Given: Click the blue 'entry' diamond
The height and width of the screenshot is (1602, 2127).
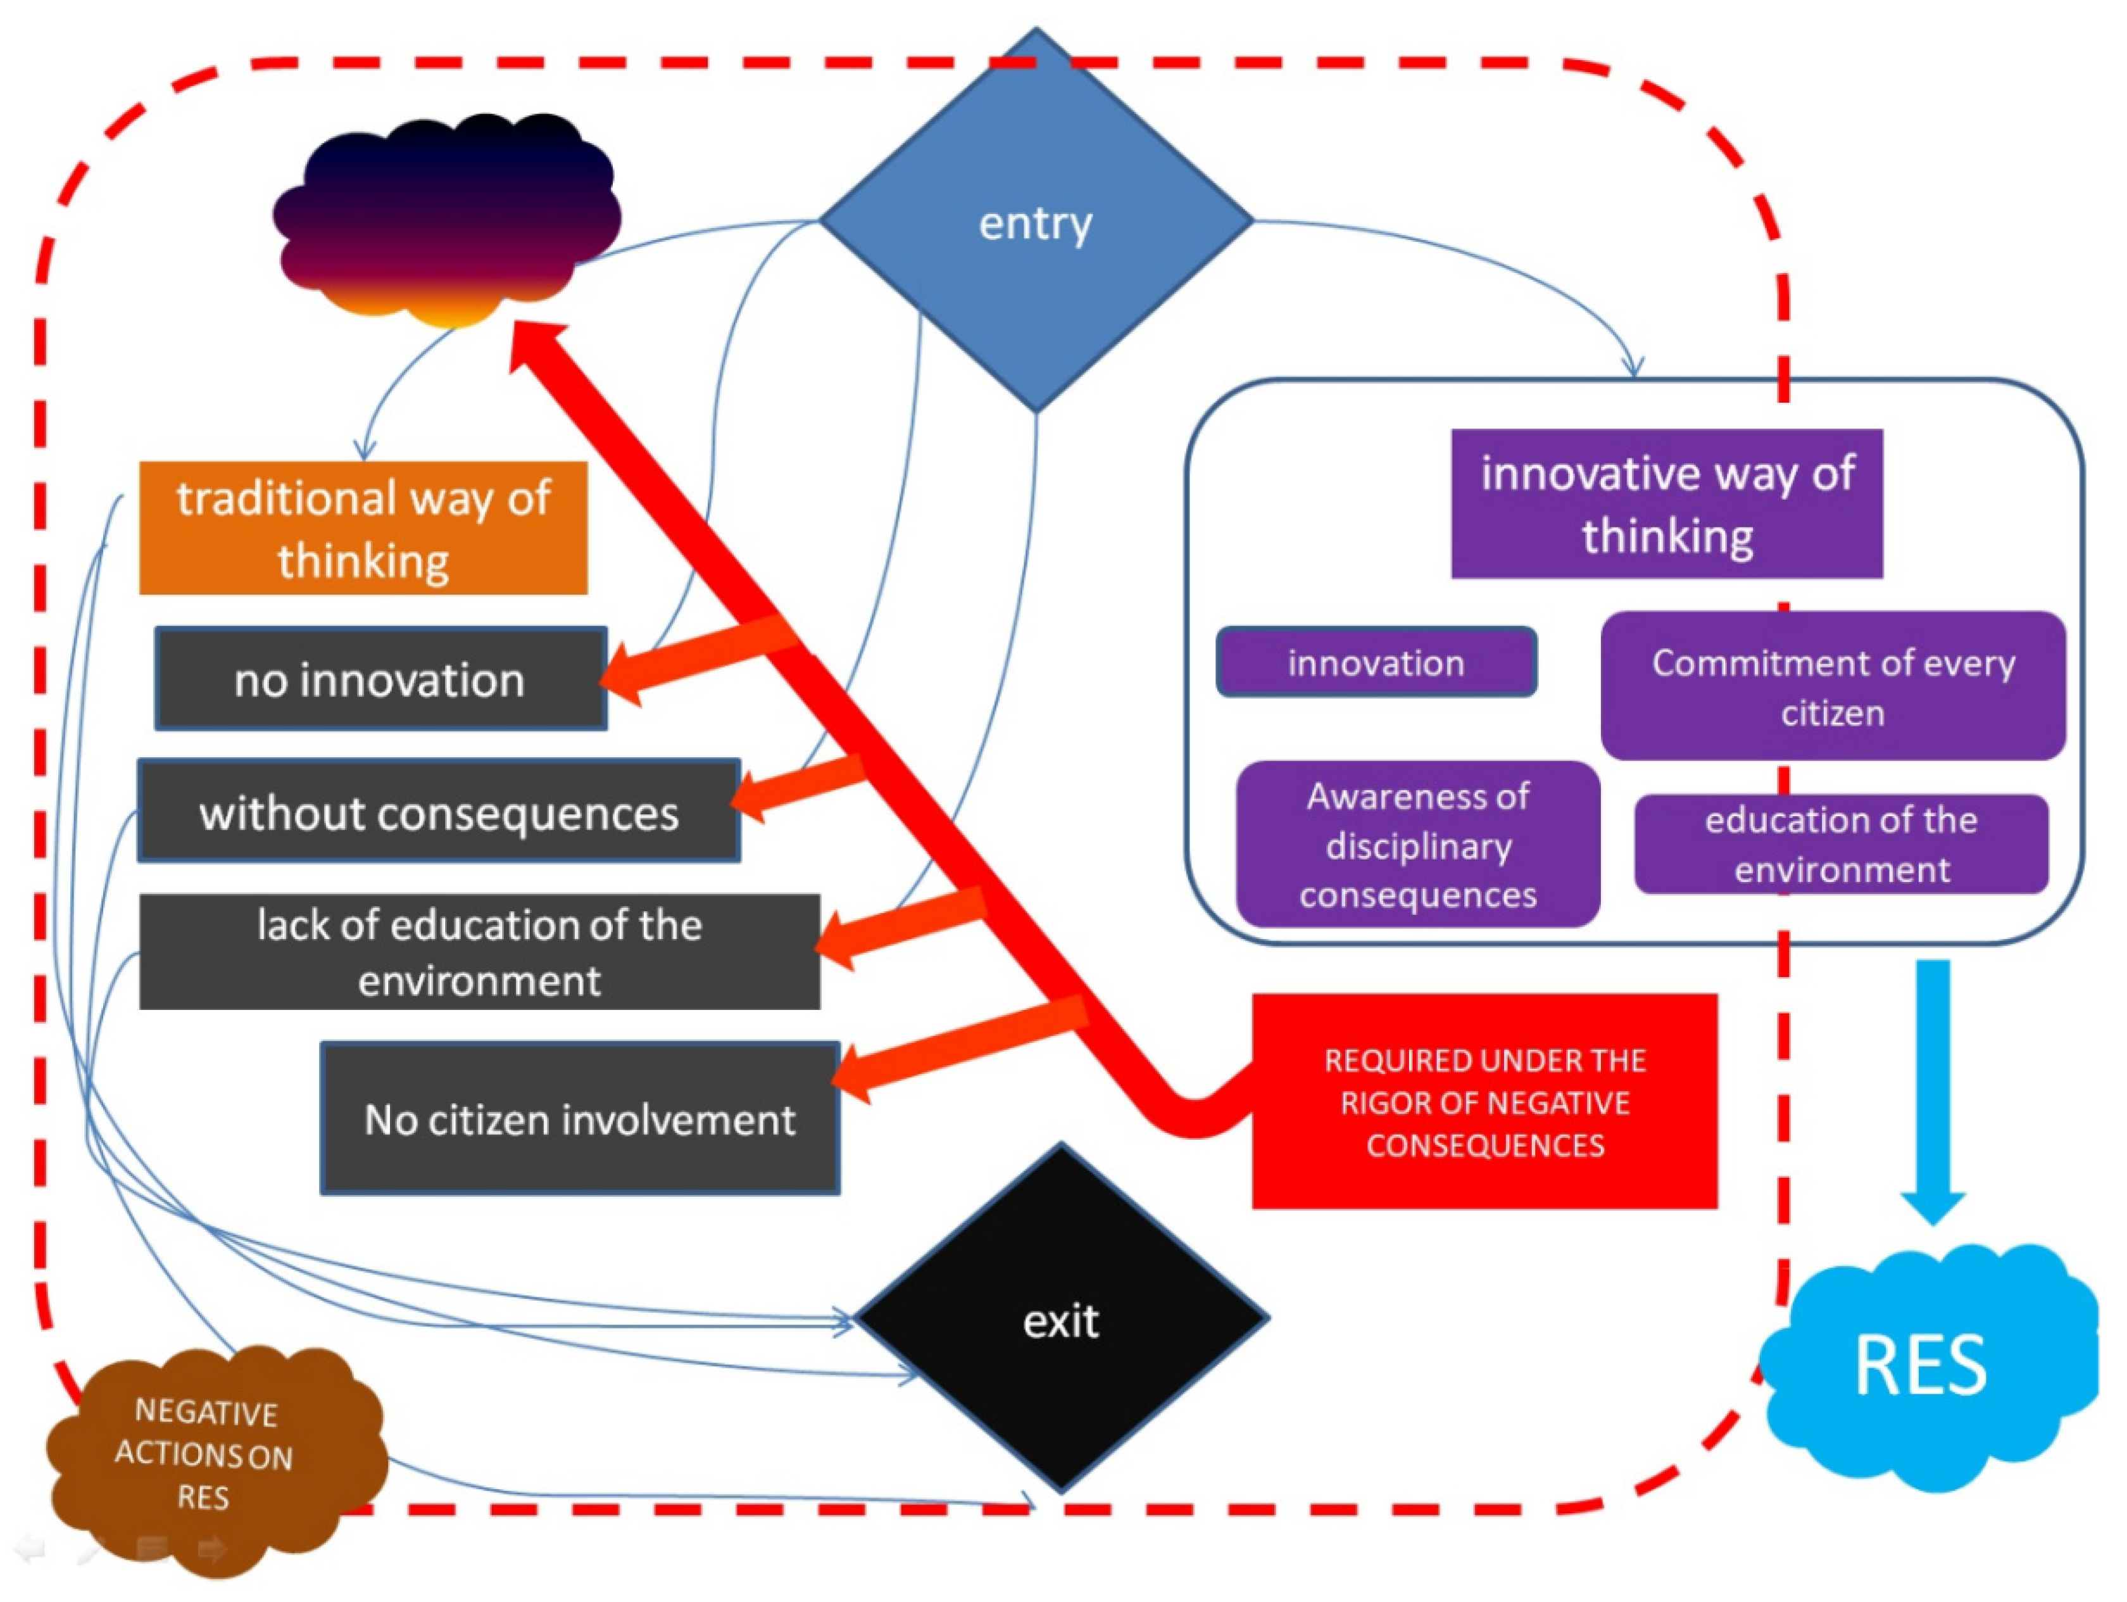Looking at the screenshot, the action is click(x=1036, y=221).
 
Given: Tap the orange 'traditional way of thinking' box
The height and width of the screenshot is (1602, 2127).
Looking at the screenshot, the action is click(x=363, y=528).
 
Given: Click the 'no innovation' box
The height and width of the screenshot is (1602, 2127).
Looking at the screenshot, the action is click(x=381, y=679).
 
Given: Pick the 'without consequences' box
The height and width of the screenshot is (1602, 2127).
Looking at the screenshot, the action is click(x=439, y=810).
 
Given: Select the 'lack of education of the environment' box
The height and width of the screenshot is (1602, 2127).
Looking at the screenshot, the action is click(x=480, y=952).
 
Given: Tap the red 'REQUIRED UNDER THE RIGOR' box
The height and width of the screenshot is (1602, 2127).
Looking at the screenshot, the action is click(x=1484, y=1101).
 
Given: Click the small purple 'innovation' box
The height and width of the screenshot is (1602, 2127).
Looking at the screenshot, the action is click(x=1376, y=662).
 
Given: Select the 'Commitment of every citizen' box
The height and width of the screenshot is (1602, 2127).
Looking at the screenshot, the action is click(x=1833, y=686).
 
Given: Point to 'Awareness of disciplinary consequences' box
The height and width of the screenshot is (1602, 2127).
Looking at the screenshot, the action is click(x=1419, y=844).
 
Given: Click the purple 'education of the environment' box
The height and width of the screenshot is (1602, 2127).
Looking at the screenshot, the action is click(x=1842, y=844).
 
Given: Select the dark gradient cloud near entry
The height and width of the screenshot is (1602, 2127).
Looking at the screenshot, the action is click(x=446, y=219).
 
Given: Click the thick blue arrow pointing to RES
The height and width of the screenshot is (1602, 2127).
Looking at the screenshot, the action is click(x=1934, y=1092).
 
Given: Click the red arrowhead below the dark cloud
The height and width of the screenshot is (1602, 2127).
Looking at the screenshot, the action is click(x=541, y=351).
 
